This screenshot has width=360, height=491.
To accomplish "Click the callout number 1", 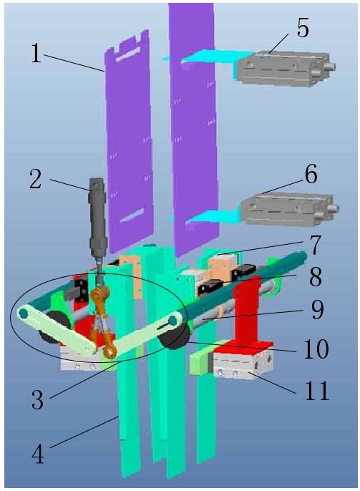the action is click(36, 54).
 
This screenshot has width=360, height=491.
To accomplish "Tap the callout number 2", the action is click(35, 179).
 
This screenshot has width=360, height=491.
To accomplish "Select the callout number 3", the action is click(37, 399).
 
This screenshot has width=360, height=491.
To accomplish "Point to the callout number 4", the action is click(37, 454).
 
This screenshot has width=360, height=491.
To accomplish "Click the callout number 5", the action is click(303, 28).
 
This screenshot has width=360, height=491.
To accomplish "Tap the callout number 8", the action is click(315, 277).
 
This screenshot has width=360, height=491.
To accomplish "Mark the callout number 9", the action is click(316, 310).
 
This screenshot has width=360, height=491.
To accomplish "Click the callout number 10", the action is click(316, 349).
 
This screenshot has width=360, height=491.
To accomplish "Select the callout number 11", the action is click(317, 391).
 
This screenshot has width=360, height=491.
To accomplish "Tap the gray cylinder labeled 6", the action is click(289, 208).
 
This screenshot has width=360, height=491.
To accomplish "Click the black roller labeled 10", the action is click(174, 337).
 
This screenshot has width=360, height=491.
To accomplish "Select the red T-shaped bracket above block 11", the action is click(247, 313).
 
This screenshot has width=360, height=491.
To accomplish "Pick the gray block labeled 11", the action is click(243, 364).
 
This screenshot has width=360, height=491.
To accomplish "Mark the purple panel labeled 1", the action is click(129, 141).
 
